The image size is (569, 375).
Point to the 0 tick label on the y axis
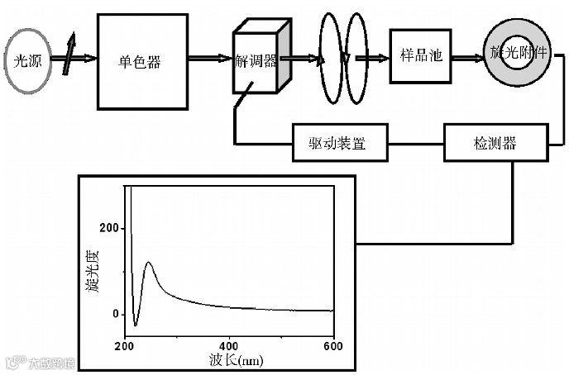117,315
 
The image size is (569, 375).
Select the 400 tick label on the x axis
229,345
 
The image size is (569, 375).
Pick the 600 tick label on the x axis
333,345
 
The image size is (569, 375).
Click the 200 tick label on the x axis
126,345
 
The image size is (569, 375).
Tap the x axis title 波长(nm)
233,361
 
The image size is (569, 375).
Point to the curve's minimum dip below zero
136,325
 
